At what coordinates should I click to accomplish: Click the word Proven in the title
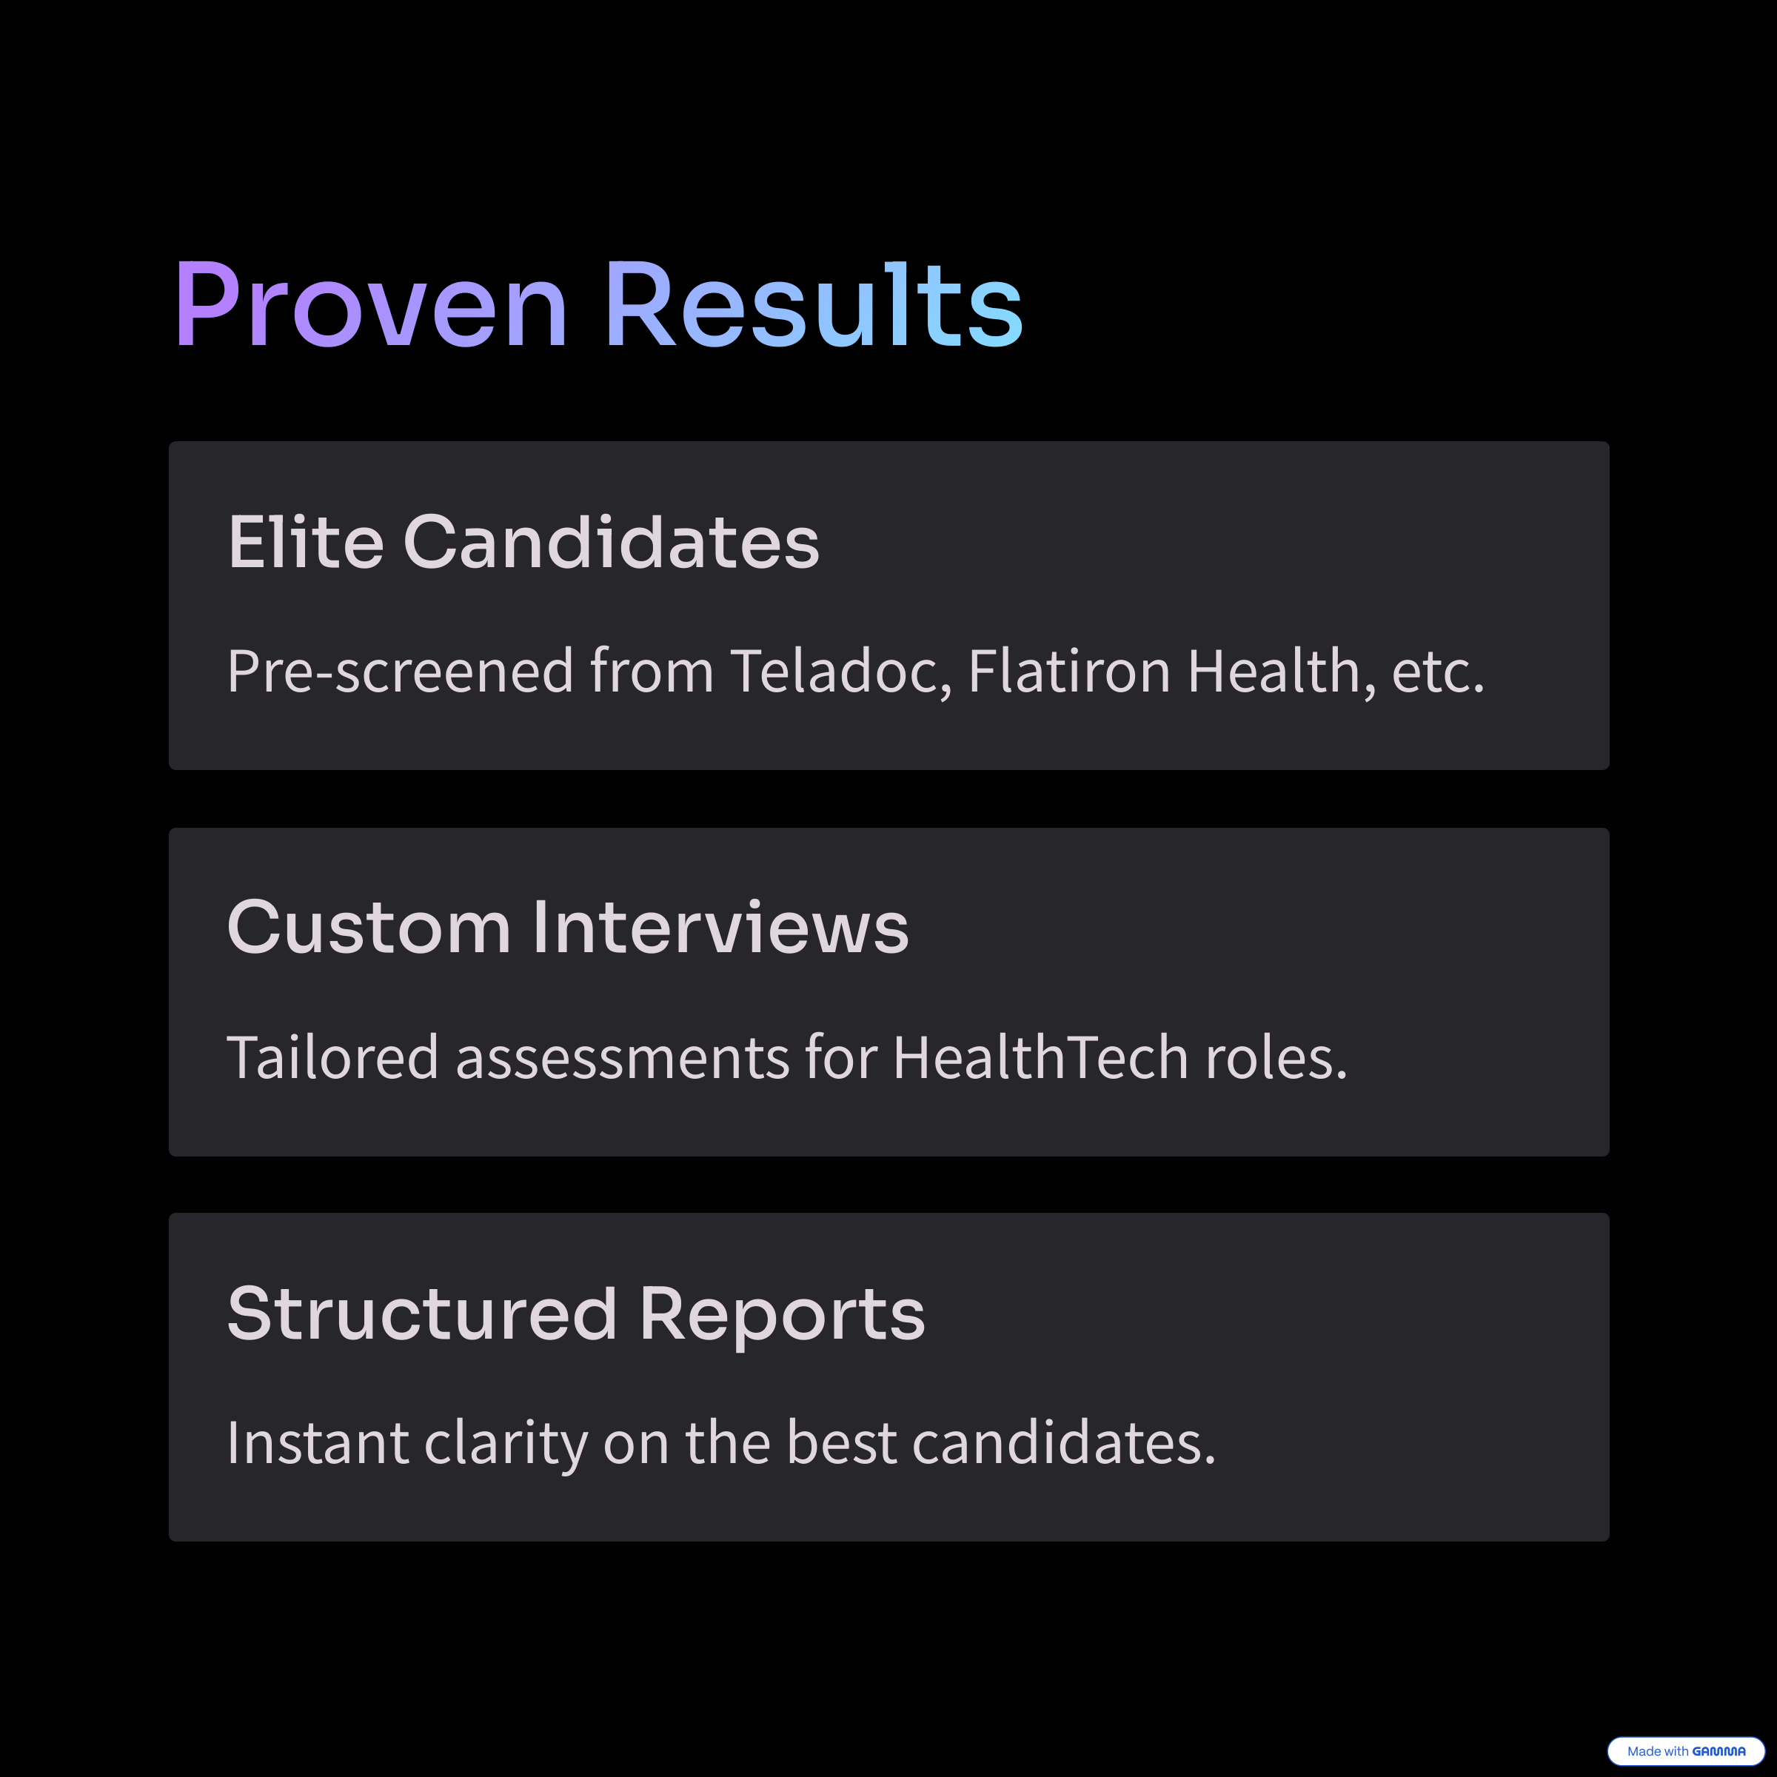coord(371,304)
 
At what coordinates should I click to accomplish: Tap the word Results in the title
coord(813,304)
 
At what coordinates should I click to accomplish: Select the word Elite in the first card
coord(305,542)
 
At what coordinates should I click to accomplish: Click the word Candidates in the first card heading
coord(611,542)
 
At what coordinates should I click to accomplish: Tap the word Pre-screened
coord(400,671)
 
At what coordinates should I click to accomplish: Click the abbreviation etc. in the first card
coord(1438,672)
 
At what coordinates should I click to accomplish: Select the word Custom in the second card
coord(369,927)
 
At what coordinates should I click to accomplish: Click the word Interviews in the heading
coord(721,927)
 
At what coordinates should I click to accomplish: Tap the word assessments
coord(623,1058)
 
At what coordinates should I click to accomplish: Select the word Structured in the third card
coord(422,1313)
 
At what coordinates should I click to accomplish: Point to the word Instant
coord(318,1442)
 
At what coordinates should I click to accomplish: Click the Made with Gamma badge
coord(1685,1751)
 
